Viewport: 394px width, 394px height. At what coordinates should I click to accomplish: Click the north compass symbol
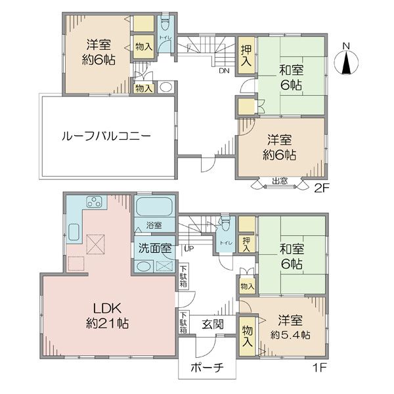pos(347,62)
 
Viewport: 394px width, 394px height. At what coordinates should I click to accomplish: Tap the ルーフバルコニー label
pos(106,136)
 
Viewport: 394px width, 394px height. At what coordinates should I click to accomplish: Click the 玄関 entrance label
pos(213,324)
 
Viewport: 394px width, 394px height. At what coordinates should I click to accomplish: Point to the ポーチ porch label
pos(207,368)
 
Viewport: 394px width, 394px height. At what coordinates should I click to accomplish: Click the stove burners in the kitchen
pos(94,202)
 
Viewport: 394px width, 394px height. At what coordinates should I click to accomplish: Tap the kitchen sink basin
pos(74,232)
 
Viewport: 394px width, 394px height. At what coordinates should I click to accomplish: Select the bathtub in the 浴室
pos(154,207)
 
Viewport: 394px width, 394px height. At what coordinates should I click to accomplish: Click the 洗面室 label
pos(155,248)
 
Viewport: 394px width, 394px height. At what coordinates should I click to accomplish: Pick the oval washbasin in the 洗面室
pos(144,267)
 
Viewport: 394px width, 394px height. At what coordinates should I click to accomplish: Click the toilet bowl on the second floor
pos(165,24)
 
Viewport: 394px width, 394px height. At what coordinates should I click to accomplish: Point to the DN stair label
pos(224,71)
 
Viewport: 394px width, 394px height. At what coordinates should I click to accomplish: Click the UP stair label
pos(189,249)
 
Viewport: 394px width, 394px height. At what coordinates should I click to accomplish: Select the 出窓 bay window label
pos(280,181)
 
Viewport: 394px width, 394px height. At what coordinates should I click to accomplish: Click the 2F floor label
pos(321,188)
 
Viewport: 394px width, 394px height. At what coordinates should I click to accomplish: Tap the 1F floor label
pos(319,368)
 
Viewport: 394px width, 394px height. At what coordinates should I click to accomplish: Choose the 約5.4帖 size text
pos(290,335)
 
